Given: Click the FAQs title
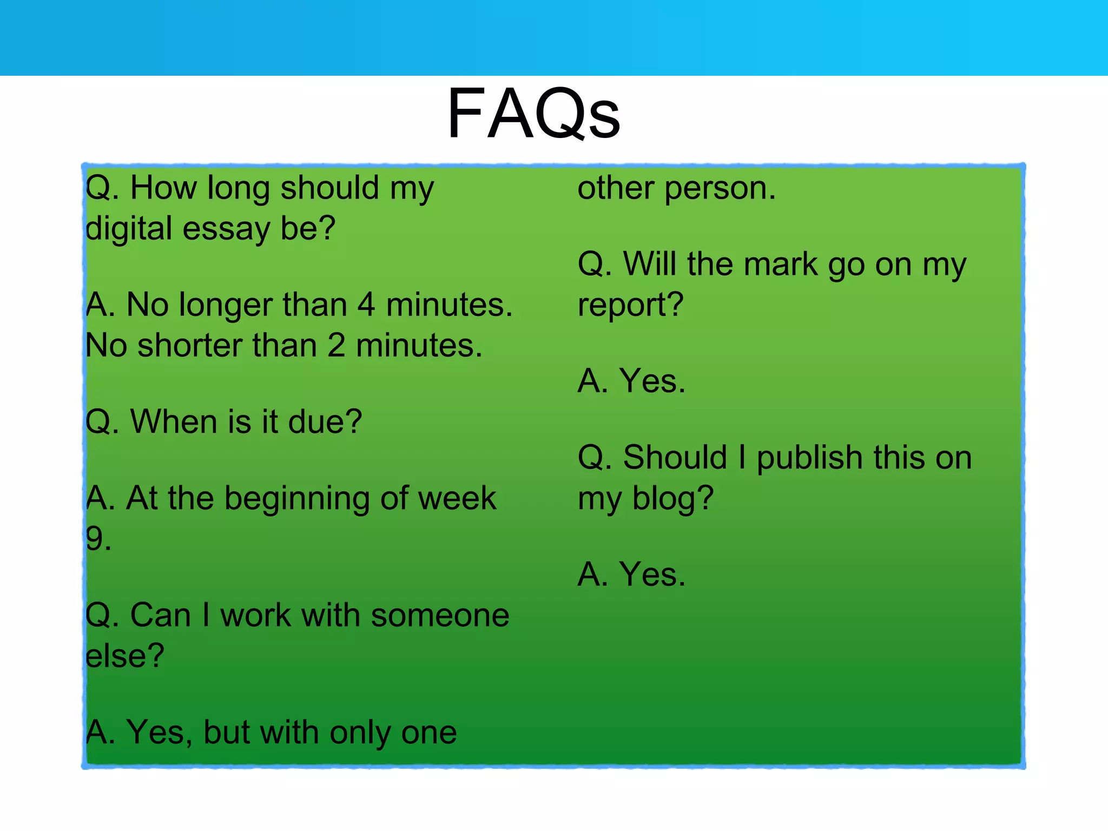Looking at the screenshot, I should click(x=533, y=115).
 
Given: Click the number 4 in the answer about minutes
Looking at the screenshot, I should click(x=366, y=305).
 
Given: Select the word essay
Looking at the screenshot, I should click(x=226, y=228).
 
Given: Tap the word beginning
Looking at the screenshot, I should click(x=296, y=499).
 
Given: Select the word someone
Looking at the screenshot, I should click(x=440, y=616).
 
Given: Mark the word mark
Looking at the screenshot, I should click(x=780, y=265).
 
